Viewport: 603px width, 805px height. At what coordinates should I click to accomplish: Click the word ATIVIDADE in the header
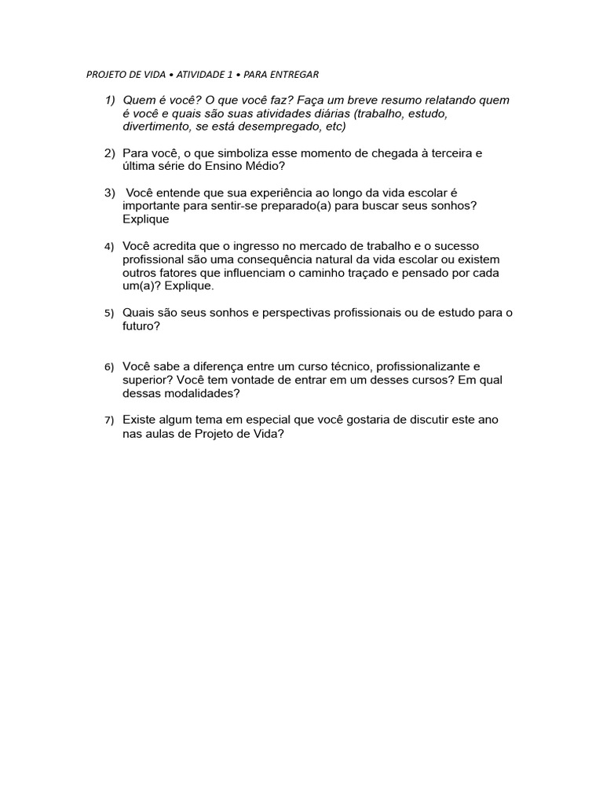tap(200, 75)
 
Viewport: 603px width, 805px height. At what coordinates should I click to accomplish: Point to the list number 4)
tap(110, 247)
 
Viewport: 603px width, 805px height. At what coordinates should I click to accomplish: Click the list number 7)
tap(110, 421)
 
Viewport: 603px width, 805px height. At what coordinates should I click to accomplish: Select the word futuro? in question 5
tap(141, 325)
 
